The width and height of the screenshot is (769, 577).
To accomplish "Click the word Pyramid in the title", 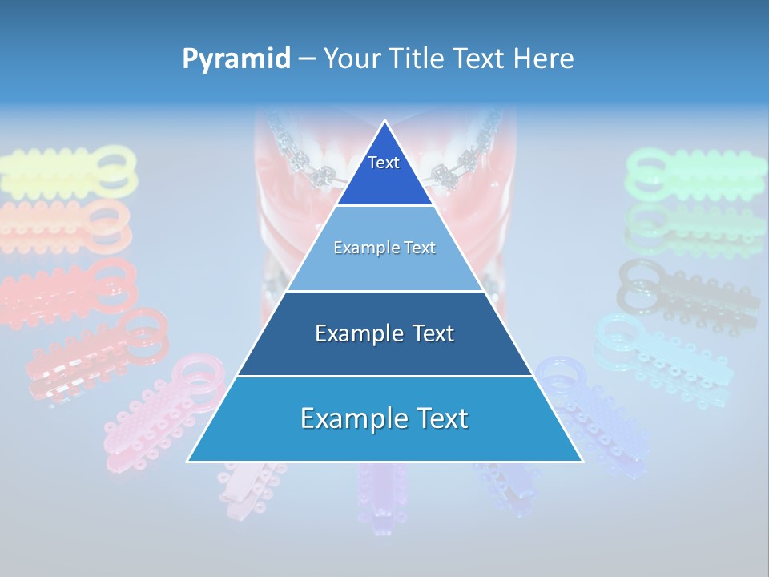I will (x=236, y=59).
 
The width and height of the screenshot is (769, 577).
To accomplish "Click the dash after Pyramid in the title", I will (x=307, y=59).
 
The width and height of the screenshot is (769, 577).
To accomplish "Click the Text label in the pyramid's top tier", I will (x=384, y=163).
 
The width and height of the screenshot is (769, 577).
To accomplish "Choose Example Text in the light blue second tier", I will (x=384, y=248).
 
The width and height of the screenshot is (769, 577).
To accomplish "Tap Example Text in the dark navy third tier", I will (x=384, y=333).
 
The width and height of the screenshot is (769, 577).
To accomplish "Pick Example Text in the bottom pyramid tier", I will (x=384, y=418).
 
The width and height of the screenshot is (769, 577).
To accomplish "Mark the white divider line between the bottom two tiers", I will (x=384, y=376).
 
